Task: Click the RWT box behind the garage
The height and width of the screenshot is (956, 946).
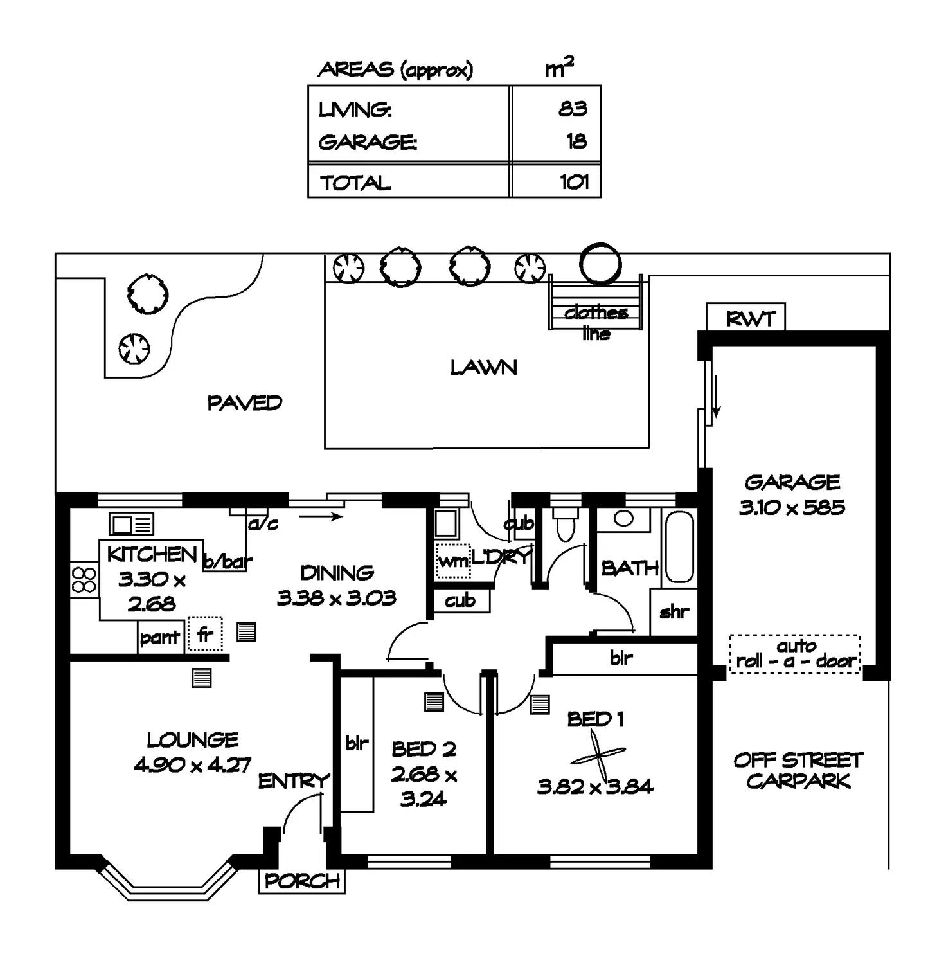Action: point(745,318)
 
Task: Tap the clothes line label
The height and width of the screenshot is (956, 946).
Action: point(596,322)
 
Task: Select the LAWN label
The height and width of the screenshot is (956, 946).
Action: point(483,368)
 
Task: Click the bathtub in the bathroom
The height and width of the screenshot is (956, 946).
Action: point(679,546)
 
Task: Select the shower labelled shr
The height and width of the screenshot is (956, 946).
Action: point(674,612)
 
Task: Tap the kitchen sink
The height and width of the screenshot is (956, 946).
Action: point(131,524)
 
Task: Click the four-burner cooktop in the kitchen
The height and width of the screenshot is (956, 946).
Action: point(84,579)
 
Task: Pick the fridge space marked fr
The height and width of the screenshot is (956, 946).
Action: point(205,635)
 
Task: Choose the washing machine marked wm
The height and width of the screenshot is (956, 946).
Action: point(452,561)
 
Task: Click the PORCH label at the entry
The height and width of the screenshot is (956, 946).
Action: point(302,881)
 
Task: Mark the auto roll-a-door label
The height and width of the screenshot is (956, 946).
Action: point(796,654)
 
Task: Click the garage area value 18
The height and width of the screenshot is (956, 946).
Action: point(576,141)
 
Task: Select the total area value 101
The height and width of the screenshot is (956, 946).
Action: point(574,182)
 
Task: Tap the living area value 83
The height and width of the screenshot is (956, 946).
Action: point(572,109)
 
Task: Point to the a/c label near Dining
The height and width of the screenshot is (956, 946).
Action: point(263,524)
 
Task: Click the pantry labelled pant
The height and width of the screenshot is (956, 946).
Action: point(160,638)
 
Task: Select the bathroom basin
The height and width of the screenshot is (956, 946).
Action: point(623,518)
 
